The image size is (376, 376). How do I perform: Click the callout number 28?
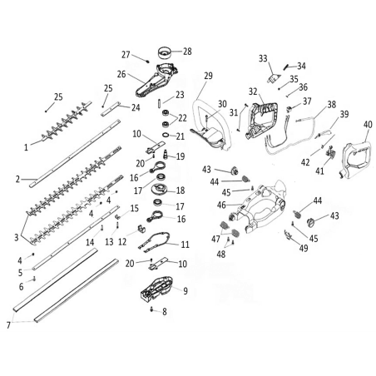coord(187,52)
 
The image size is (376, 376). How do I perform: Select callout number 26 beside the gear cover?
coord(121,74)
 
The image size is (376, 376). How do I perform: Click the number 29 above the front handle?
coord(208,76)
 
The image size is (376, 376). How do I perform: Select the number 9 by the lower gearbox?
coord(186,290)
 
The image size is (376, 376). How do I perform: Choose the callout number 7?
coord(10,324)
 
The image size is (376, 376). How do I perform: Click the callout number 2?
coord(17,178)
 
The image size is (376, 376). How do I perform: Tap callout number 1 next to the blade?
coord(27,146)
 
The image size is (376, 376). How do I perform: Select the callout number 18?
coord(180,190)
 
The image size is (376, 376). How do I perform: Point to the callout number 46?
coord(221,205)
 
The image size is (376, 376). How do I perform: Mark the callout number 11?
coord(185,245)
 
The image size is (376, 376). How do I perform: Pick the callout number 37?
coord(307,101)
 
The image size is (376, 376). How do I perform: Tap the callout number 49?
coord(303,248)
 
